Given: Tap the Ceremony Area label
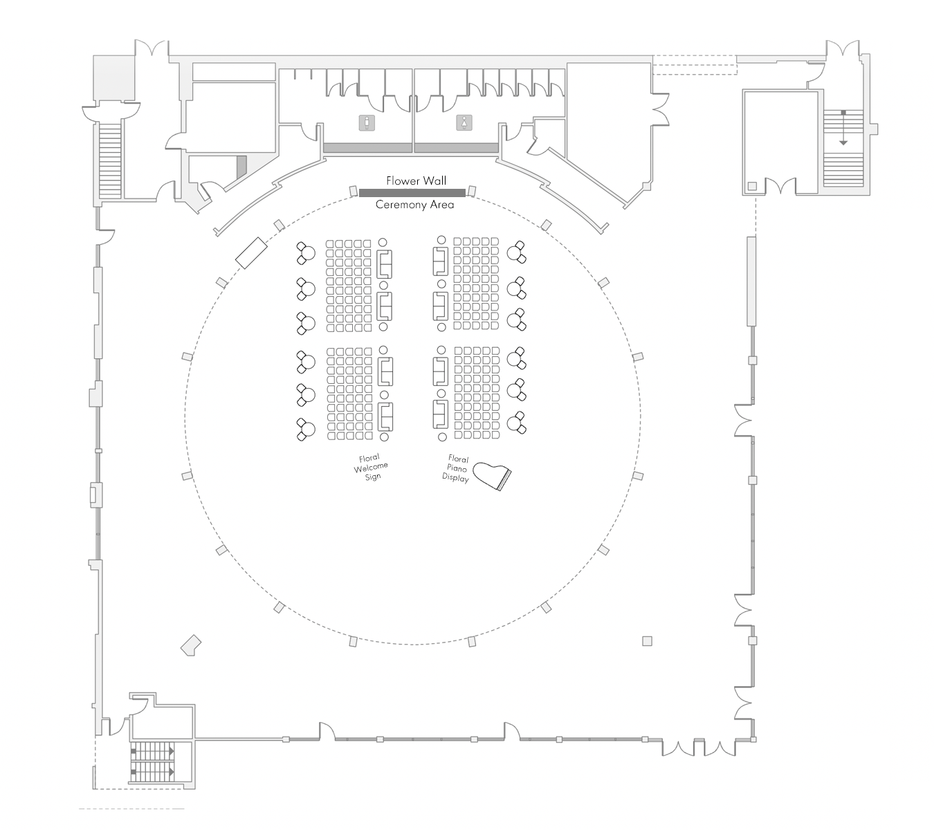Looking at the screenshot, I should click(414, 205).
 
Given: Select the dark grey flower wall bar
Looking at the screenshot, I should click(412, 192).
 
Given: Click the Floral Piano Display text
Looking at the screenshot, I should click(457, 469).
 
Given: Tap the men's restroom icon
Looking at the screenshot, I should click(367, 123).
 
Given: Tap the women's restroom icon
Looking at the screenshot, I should click(463, 122).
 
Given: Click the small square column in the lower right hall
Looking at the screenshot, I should click(647, 641).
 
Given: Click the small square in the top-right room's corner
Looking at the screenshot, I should click(752, 185).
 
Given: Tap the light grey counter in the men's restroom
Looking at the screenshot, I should click(367, 147).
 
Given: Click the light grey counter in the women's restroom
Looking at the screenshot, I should click(456, 147).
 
